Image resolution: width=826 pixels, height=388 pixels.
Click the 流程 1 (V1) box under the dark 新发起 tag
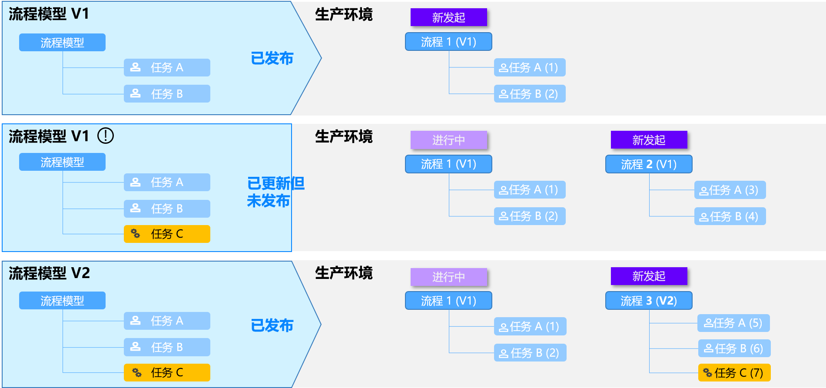[448, 42]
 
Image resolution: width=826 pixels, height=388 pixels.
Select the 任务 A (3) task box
[730, 190]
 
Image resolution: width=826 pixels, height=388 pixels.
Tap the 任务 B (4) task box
[730, 216]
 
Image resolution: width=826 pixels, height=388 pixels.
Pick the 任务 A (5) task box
[733, 323]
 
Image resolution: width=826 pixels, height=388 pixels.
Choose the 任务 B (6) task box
[734, 348]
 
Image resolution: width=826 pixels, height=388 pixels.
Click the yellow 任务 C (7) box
[734, 372]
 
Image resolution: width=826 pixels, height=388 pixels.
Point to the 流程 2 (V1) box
[649, 164]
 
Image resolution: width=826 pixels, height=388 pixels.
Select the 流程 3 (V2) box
[649, 301]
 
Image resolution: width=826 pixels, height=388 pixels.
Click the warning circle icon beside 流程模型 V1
[106, 136]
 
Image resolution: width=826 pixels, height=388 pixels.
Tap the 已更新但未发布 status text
[275, 192]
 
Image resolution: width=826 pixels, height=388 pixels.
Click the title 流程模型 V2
[49, 273]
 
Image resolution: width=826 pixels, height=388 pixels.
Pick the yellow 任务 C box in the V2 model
[167, 372]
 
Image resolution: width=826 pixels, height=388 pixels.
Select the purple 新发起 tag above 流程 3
[649, 276]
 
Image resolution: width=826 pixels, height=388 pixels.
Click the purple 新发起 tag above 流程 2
[649, 140]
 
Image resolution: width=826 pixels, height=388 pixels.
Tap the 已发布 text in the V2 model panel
[272, 325]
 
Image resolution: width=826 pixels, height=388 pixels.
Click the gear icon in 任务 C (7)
[707, 373]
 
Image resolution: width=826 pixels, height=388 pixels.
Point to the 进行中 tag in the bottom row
[448, 277]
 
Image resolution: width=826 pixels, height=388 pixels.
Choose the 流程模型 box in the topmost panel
[62, 43]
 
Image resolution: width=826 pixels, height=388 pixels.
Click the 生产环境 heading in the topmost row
[344, 15]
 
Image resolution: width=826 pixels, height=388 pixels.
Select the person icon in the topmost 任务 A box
[136, 67]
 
